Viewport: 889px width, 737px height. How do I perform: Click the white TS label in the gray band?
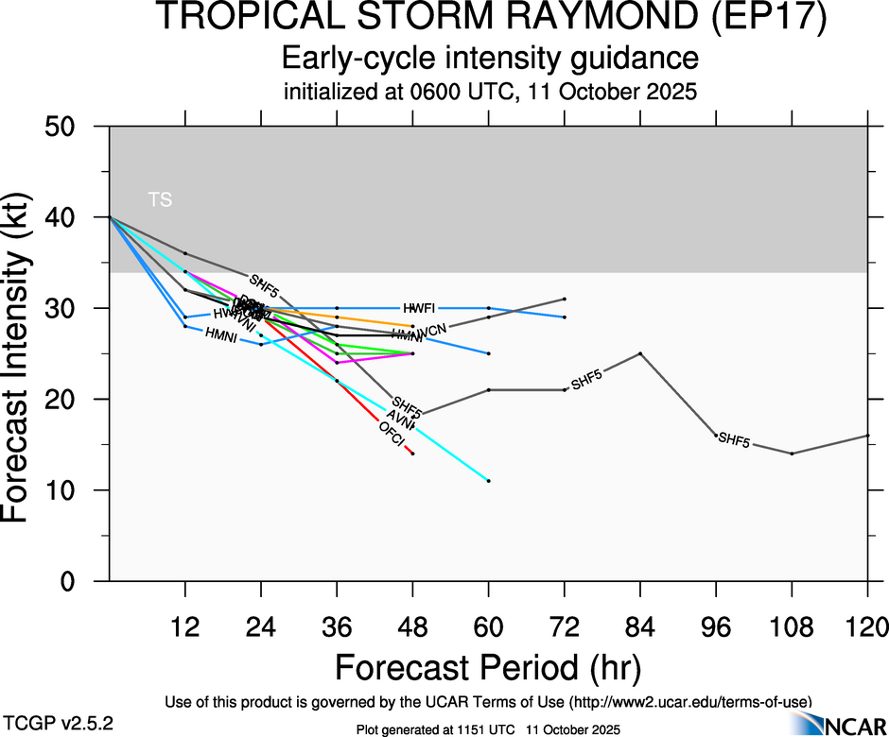click(x=160, y=199)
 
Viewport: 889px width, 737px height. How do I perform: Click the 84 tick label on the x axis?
click(x=640, y=626)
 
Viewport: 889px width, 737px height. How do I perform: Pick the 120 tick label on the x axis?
click(x=867, y=626)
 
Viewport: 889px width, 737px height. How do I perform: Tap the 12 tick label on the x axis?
click(x=185, y=626)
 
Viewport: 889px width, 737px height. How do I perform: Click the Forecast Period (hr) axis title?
click(x=489, y=667)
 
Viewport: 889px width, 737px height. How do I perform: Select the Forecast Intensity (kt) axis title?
click(x=26, y=352)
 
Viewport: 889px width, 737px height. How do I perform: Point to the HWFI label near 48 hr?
click(x=419, y=308)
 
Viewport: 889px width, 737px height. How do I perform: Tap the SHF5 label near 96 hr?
click(x=734, y=439)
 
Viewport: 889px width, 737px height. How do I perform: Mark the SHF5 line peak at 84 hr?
click(x=640, y=353)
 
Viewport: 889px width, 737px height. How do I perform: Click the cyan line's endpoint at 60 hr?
click(x=489, y=481)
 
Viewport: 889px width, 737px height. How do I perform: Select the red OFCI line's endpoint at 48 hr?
click(x=412, y=454)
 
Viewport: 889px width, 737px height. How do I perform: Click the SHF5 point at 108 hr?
click(x=792, y=454)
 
